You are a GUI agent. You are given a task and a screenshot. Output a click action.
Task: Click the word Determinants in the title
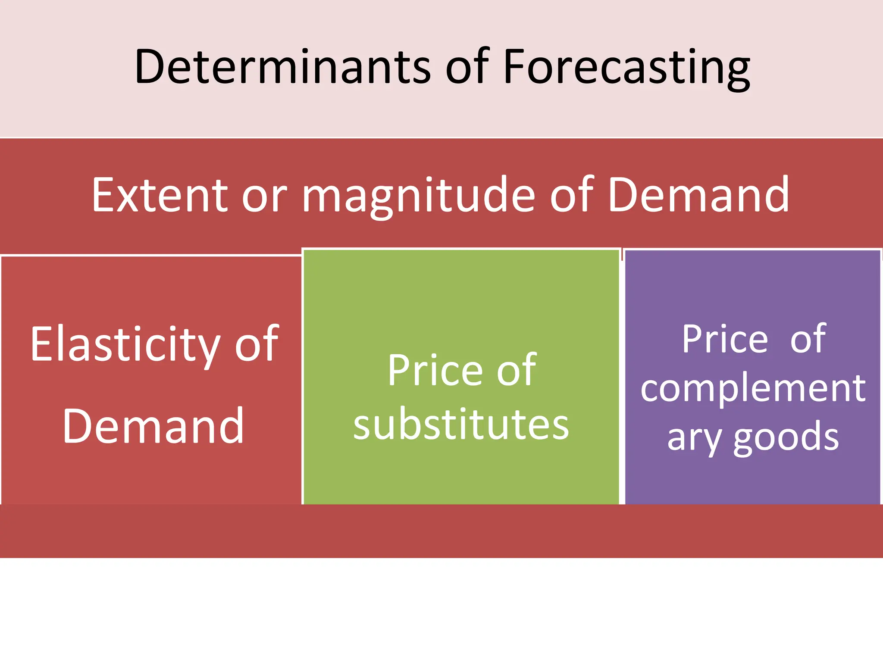pyautogui.click(x=282, y=67)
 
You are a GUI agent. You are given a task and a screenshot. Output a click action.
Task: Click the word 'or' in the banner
pyautogui.click(x=264, y=197)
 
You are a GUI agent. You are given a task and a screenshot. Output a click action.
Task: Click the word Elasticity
pyautogui.click(x=125, y=345)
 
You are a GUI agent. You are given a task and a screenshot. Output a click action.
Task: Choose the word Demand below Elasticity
pyautogui.click(x=153, y=427)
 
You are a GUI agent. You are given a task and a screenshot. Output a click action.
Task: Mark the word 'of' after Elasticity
pyautogui.click(x=257, y=345)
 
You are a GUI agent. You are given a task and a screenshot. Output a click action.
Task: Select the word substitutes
pyautogui.click(x=461, y=425)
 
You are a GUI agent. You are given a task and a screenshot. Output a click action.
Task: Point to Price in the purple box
pyautogui.click(x=725, y=340)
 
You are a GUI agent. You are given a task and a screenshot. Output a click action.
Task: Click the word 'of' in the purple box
pyautogui.click(x=808, y=340)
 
